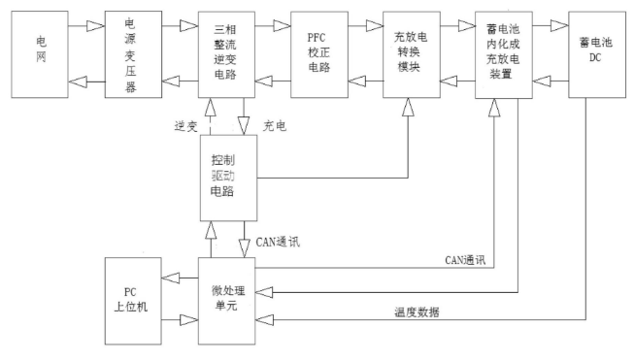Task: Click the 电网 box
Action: (41, 53)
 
